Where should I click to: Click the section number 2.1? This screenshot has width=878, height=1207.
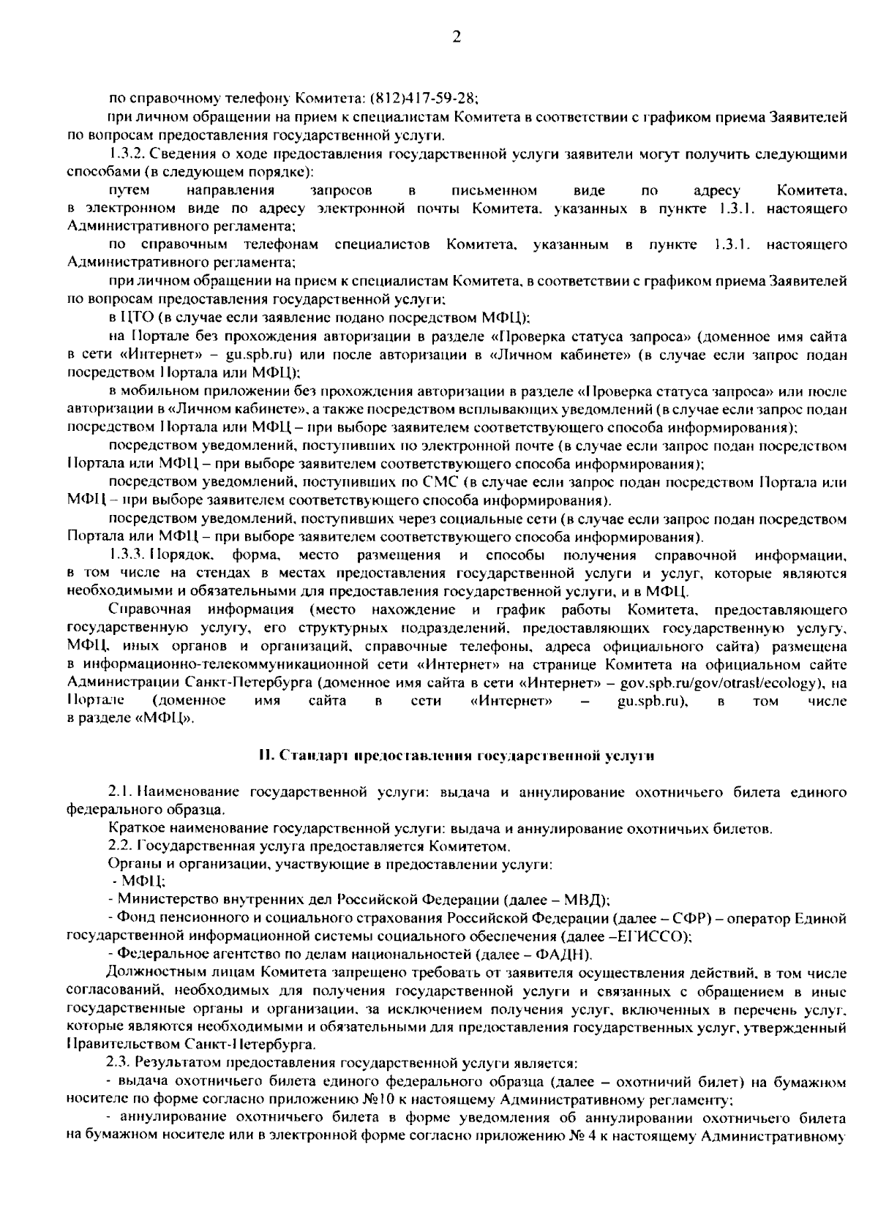point(119,792)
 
